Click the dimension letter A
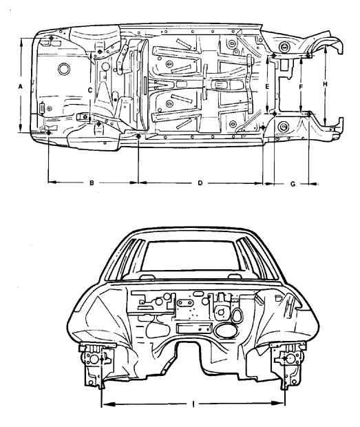click(20, 87)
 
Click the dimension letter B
click(92, 183)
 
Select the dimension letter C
click(90, 90)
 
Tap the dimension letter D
click(200, 183)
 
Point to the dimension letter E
click(267, 87)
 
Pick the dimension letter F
click(301, 87)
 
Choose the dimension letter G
click(293, 184)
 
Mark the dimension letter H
click(325, 85)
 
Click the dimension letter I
click(193, 404)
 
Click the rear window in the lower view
click(190, 256)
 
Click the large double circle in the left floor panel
click(64, 69)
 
